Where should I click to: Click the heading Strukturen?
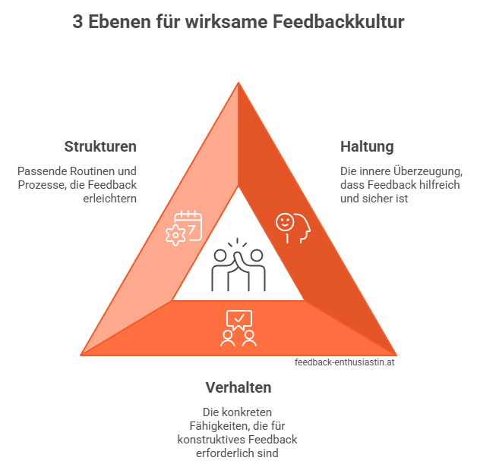coord(100,146)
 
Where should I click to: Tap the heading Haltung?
coord(368,146)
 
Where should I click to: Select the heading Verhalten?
coord(238,387)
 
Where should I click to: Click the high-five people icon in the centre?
coord(238,266)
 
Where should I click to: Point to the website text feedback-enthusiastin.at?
coord(345,362)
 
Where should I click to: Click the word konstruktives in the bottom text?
coord(210,440)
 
